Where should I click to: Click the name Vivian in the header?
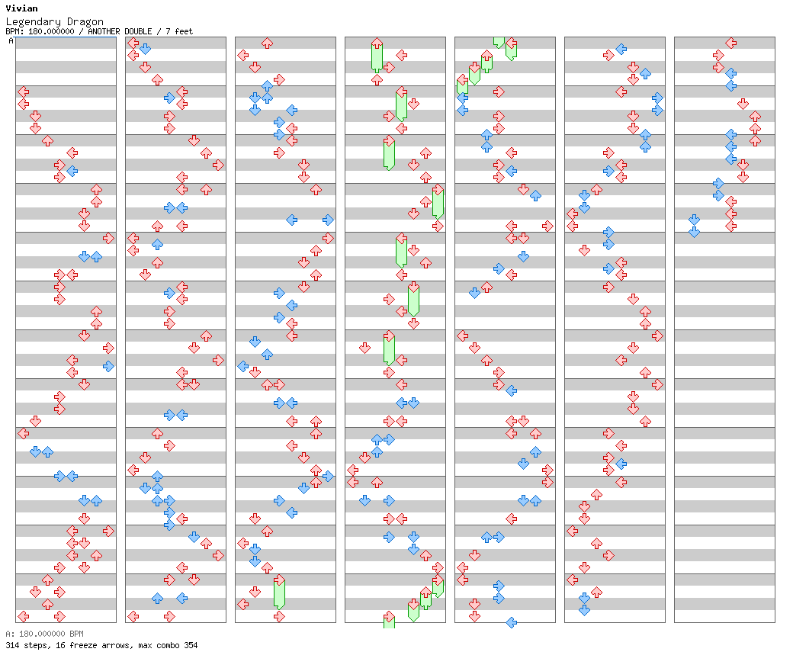21,8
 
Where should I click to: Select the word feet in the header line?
183,32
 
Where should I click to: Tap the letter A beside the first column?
11,41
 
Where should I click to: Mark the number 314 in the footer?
12,646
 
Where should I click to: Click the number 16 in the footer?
59,646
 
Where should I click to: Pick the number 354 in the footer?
189,646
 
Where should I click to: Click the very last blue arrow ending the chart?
694,232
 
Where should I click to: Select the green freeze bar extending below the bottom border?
389,622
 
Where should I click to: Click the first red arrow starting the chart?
23,92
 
